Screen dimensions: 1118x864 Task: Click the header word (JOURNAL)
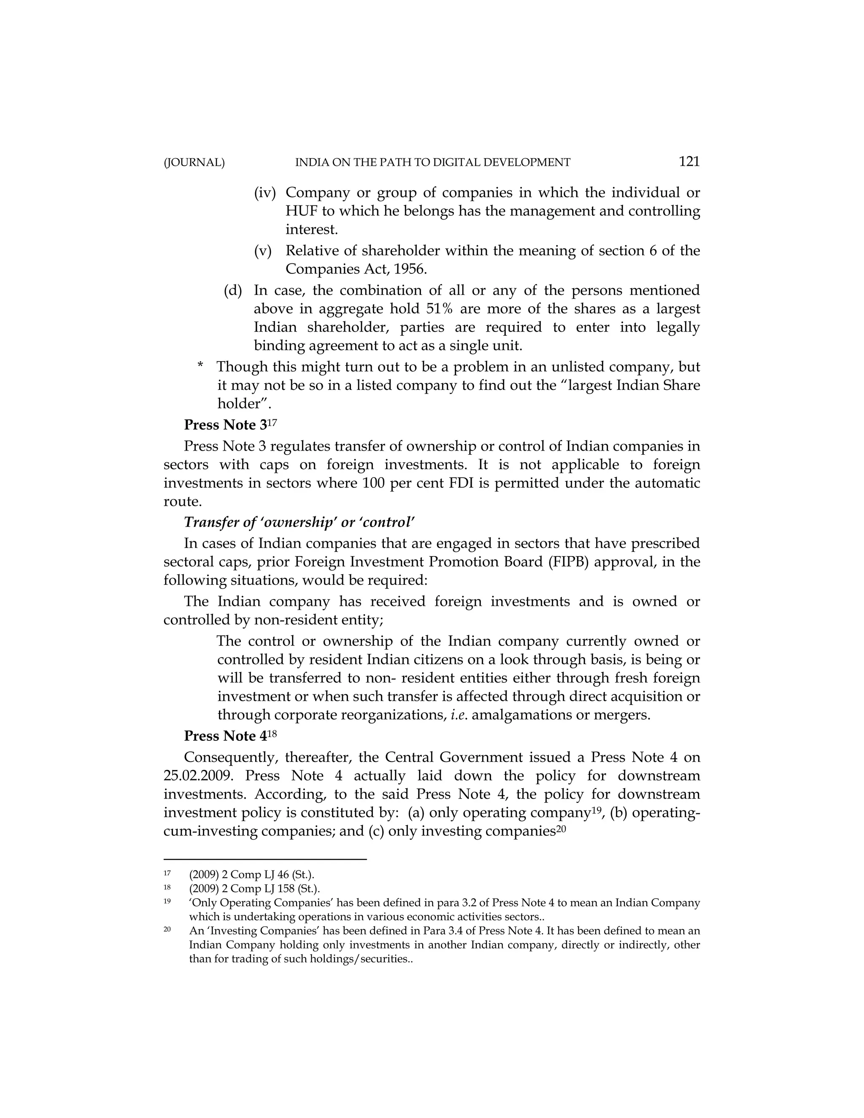194,163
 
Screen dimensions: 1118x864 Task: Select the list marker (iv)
265,193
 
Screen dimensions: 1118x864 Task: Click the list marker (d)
232,290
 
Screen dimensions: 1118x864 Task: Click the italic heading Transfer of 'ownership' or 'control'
299,522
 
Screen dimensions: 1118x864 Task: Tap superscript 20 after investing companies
561,828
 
